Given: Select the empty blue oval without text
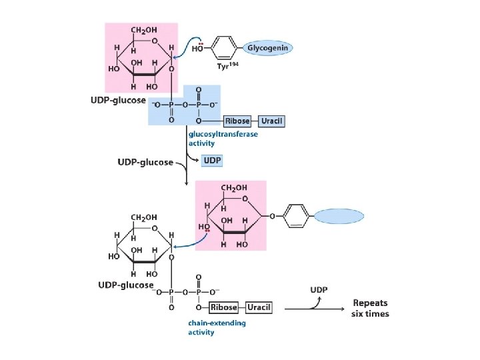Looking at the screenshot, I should [340, 216].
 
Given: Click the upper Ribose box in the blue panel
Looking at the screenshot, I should [237, 121].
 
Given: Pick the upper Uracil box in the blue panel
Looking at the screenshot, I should [272, 121].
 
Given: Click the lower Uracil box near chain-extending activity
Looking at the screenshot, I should [259, 307].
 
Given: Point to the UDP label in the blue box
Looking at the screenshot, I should [213, 161].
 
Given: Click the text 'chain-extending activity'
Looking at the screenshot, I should [216, 327].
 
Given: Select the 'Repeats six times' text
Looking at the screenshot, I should [371, 308].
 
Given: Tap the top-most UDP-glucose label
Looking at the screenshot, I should [118, 100].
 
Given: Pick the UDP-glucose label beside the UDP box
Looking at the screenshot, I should [145, 161].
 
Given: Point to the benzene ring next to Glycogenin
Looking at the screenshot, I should [227, 48].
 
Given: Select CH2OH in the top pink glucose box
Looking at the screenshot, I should [144, 31].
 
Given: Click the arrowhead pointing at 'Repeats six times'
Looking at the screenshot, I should [345, 308].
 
